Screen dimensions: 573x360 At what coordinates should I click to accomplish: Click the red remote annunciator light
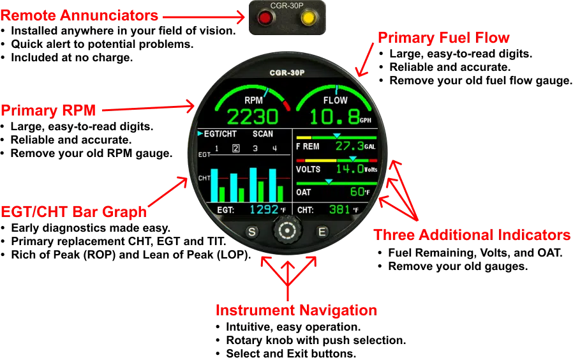click(x=265, y=17)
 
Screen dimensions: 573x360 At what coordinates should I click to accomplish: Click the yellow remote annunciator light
click(x=308, y=17)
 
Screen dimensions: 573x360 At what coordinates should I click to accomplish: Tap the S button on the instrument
click(x=252, y=232)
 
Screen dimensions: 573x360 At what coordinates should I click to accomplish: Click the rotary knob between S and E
click(x=287, y=230)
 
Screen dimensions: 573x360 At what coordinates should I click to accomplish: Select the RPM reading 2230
click(x=253, y=117)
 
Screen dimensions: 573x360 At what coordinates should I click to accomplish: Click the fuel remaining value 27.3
click(x=350, y=146)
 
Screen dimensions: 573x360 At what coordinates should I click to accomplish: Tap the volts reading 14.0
click(x=350, y=169)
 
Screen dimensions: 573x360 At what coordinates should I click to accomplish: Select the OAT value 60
click(x=357, y=191)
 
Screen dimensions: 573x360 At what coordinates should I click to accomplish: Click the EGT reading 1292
click(x=264, y=209)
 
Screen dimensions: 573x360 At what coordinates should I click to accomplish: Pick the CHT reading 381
click(x=339, y=209)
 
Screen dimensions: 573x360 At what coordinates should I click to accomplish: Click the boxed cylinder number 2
click(x=236, y=148)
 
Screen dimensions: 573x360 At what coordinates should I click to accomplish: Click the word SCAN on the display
click(x=263, y=134)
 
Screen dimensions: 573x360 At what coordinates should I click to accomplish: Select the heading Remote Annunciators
click(x=79, y=15)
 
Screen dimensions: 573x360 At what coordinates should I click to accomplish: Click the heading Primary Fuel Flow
click(x=443, y=38)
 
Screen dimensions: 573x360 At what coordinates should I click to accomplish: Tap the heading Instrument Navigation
click(x=296, y=310)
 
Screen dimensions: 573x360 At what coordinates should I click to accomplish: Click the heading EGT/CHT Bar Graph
click(x=74, y=212)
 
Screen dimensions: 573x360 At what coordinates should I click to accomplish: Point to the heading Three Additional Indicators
click(x=472, y=235)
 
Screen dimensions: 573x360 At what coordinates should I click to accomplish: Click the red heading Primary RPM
click(x=48, y=110)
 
